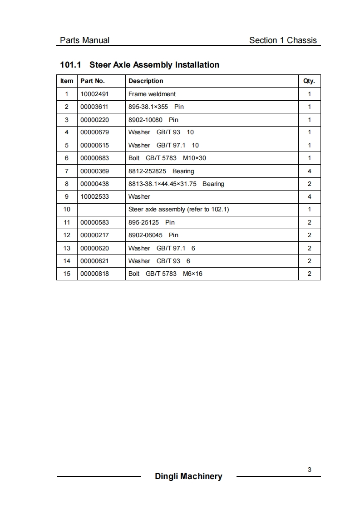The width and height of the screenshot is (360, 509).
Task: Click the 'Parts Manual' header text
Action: tap(84, 40)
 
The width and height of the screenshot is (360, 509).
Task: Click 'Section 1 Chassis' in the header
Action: tap(283, 40)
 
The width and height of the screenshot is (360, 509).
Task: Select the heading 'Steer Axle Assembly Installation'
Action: tap(154, 65)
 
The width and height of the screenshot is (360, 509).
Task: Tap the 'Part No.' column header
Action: tap(93, 81)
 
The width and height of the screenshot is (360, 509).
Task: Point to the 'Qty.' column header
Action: tap(309, 81)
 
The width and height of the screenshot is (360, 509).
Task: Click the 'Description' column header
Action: tap(146, 81)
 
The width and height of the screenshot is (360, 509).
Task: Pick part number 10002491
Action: tap(94, 94)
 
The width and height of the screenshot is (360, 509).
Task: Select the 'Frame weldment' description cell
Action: tap(152, 94)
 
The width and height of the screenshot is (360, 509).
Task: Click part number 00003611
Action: tap(94, 107)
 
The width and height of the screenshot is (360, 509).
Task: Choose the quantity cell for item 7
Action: tap(310, 171)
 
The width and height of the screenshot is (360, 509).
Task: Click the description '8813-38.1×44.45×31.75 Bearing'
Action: tap(176, 184)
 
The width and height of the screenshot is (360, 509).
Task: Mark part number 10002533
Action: tap(94, 196)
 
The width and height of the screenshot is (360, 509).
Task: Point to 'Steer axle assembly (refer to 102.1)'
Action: tap(179, 210)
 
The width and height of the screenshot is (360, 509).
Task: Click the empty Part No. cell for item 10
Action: tap(101, 210)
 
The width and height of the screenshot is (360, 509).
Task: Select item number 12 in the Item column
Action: tap(67, 235)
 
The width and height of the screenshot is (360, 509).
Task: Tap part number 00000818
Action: tap(94, 274)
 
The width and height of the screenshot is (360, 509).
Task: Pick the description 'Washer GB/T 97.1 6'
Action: tap(162, 248)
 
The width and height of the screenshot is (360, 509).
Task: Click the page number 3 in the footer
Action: tap(310, 470)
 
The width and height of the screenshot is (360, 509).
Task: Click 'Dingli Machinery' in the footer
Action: tap(188, 476)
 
